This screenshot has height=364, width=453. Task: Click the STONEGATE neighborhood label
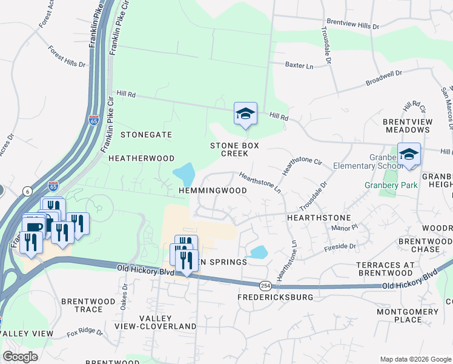coord(146,134)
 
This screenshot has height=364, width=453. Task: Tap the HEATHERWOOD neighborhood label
coord(141,158)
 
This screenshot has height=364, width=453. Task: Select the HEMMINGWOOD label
coord(213,190)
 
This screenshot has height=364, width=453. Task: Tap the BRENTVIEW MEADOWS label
coord(415,126)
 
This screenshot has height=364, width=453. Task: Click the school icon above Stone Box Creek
coord(245,113)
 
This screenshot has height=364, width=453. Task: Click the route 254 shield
coord(265,285)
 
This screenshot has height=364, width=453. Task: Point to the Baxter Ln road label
coord(299,65)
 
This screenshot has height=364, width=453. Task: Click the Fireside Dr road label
coord(340,246)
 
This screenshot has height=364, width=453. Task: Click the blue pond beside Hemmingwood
coord(185,174)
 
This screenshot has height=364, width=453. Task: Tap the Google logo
coord(20,356)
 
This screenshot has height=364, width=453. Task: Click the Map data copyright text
coord(414,358)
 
